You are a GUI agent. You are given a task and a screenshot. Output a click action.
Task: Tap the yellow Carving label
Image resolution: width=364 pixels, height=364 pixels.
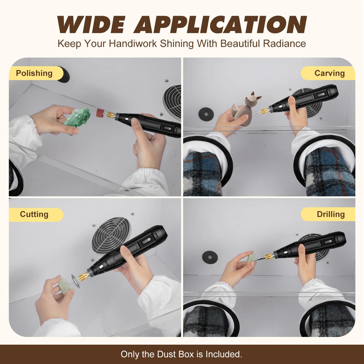[x=328, y=73]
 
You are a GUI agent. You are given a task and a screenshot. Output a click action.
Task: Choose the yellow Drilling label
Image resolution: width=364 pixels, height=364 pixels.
[x=328, y=214]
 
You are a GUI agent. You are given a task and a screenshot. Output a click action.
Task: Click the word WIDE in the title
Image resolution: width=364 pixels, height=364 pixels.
[x=91, y=25]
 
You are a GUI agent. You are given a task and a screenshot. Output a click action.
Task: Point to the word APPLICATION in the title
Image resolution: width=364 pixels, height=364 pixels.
[x=220, y=25]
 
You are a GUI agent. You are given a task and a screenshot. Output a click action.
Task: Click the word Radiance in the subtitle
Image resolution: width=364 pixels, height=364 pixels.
[x=284, y=43]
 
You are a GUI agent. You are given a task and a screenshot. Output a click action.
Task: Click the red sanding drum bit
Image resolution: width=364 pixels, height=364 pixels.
[x=101, y=112]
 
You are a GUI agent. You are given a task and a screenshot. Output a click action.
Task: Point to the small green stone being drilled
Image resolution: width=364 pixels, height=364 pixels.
[x=251, y=259]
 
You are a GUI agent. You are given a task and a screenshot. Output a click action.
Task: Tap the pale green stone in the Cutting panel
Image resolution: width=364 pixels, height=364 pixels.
[x=63, y=285]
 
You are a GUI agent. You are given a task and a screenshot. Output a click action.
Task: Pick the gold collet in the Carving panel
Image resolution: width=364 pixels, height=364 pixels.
[x=264, y=111]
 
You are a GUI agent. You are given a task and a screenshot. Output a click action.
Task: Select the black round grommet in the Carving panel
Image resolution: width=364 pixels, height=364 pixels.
[x=206, y=114]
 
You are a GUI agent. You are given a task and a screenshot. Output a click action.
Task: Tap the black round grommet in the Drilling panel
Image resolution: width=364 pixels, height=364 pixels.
[x=210, y=257]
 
